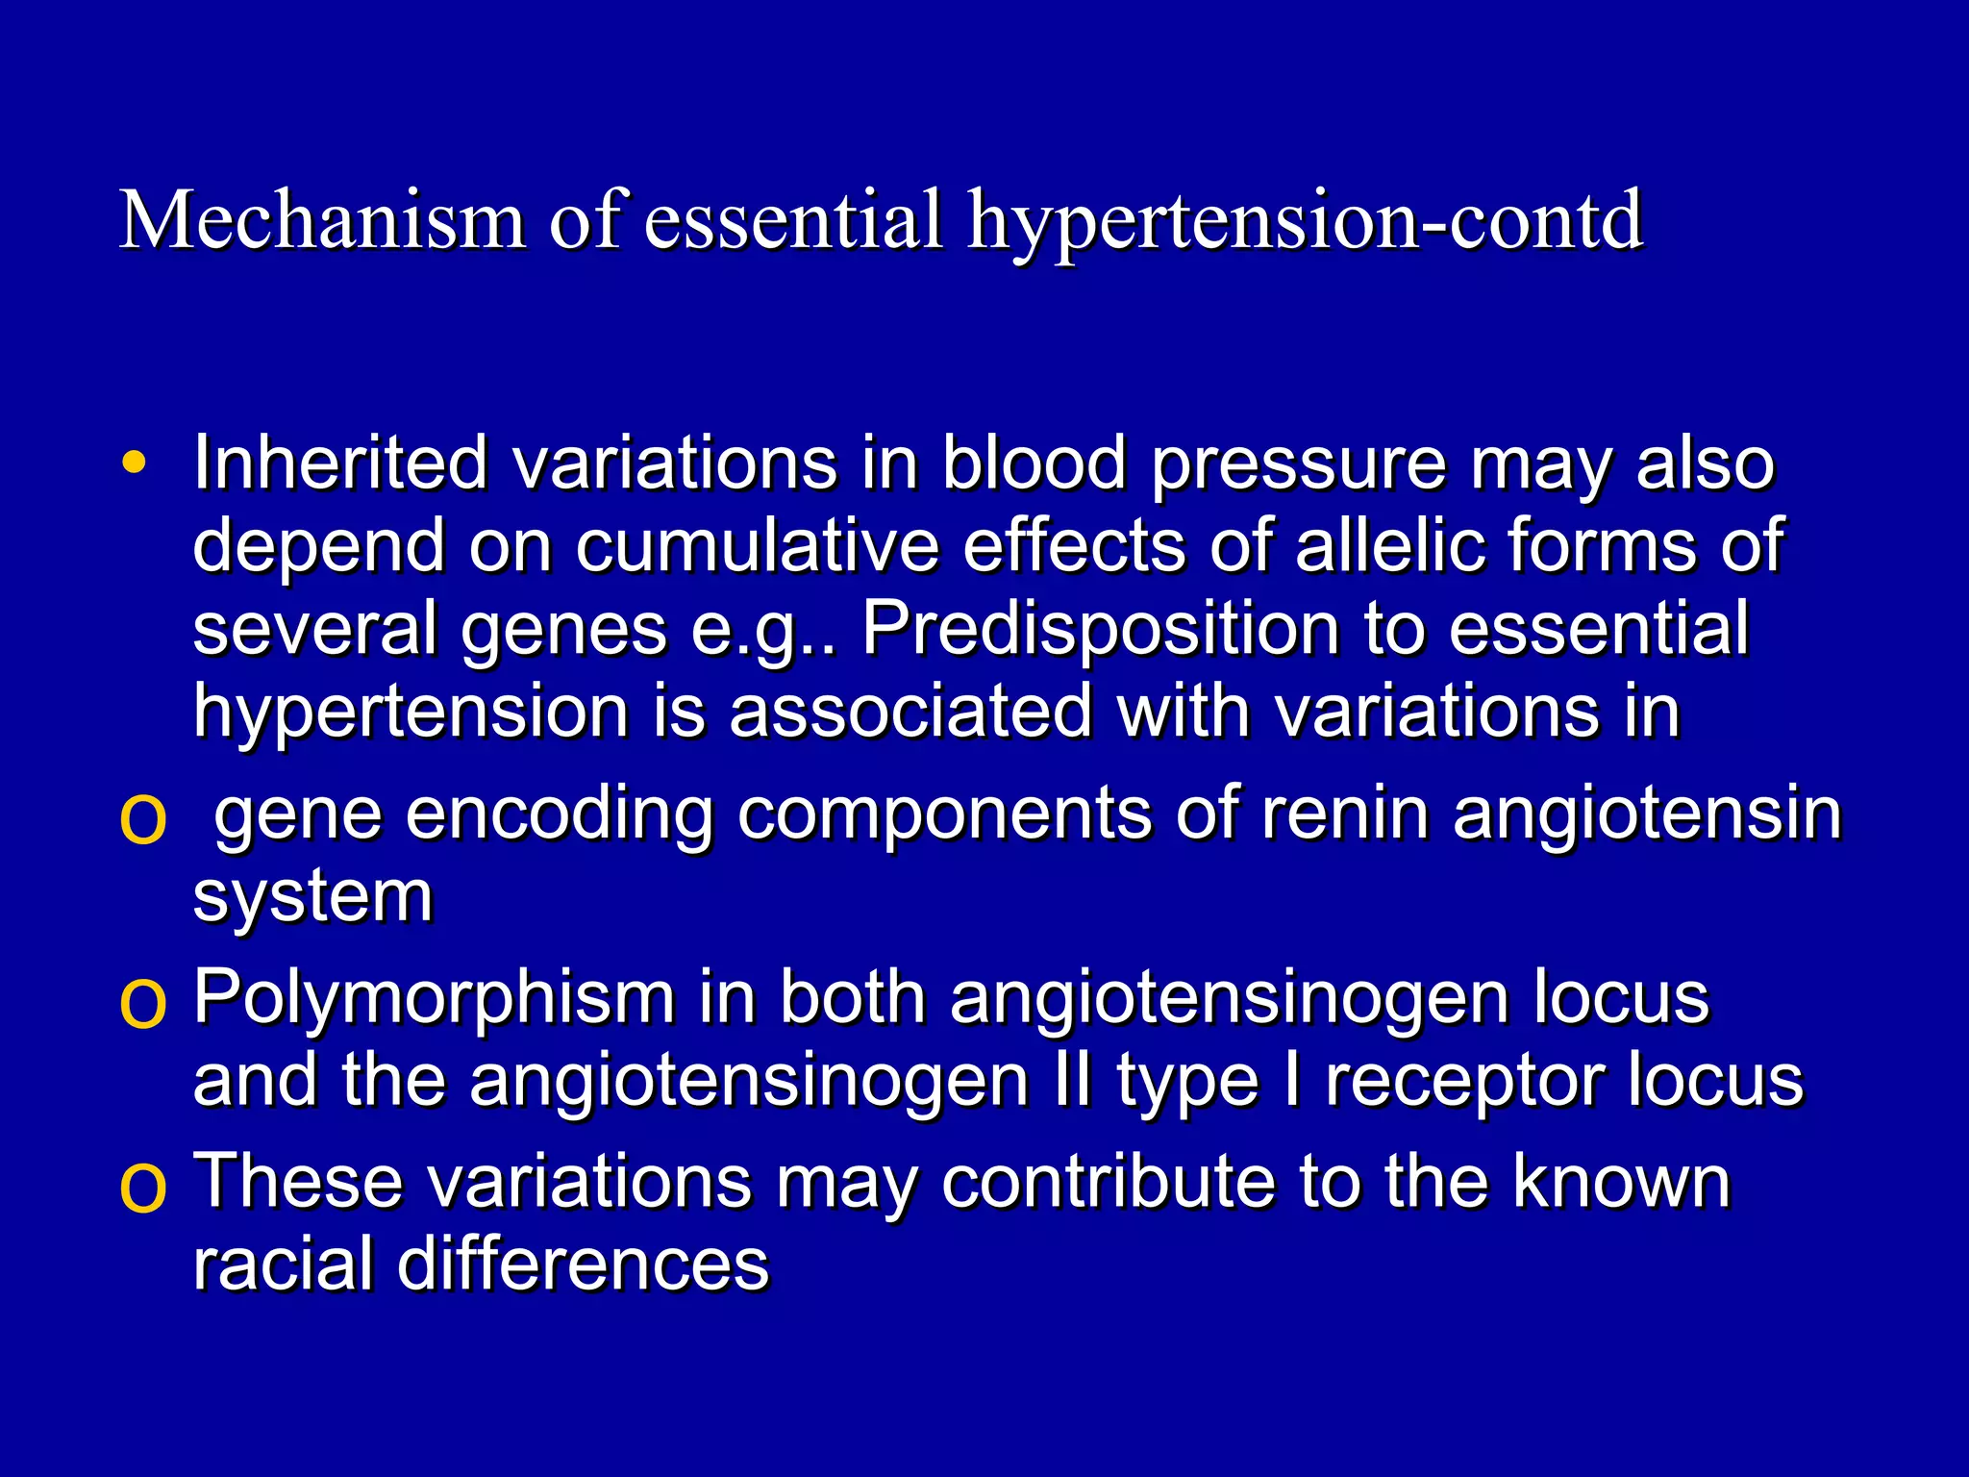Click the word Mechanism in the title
click(x=322, y=220)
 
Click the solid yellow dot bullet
click(x=135, y=463)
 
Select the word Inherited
click(x=340, y=463)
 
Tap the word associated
click(x=910, y=712)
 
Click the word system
click(x=313, y=898)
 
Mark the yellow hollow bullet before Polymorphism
click(x=142, y=1004)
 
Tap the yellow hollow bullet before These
click(x=142, y=1188)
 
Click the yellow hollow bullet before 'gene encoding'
click(x=142, y=820)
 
